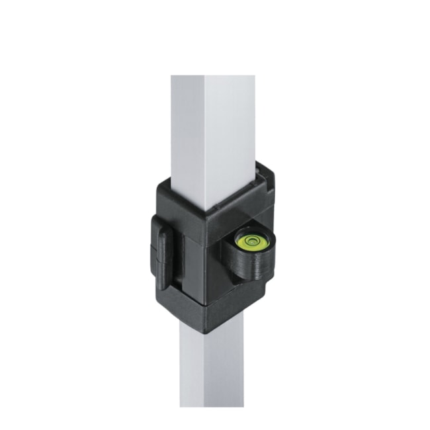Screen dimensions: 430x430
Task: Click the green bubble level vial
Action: [251, 241]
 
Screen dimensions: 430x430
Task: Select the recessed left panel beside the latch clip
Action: [188, 265]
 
